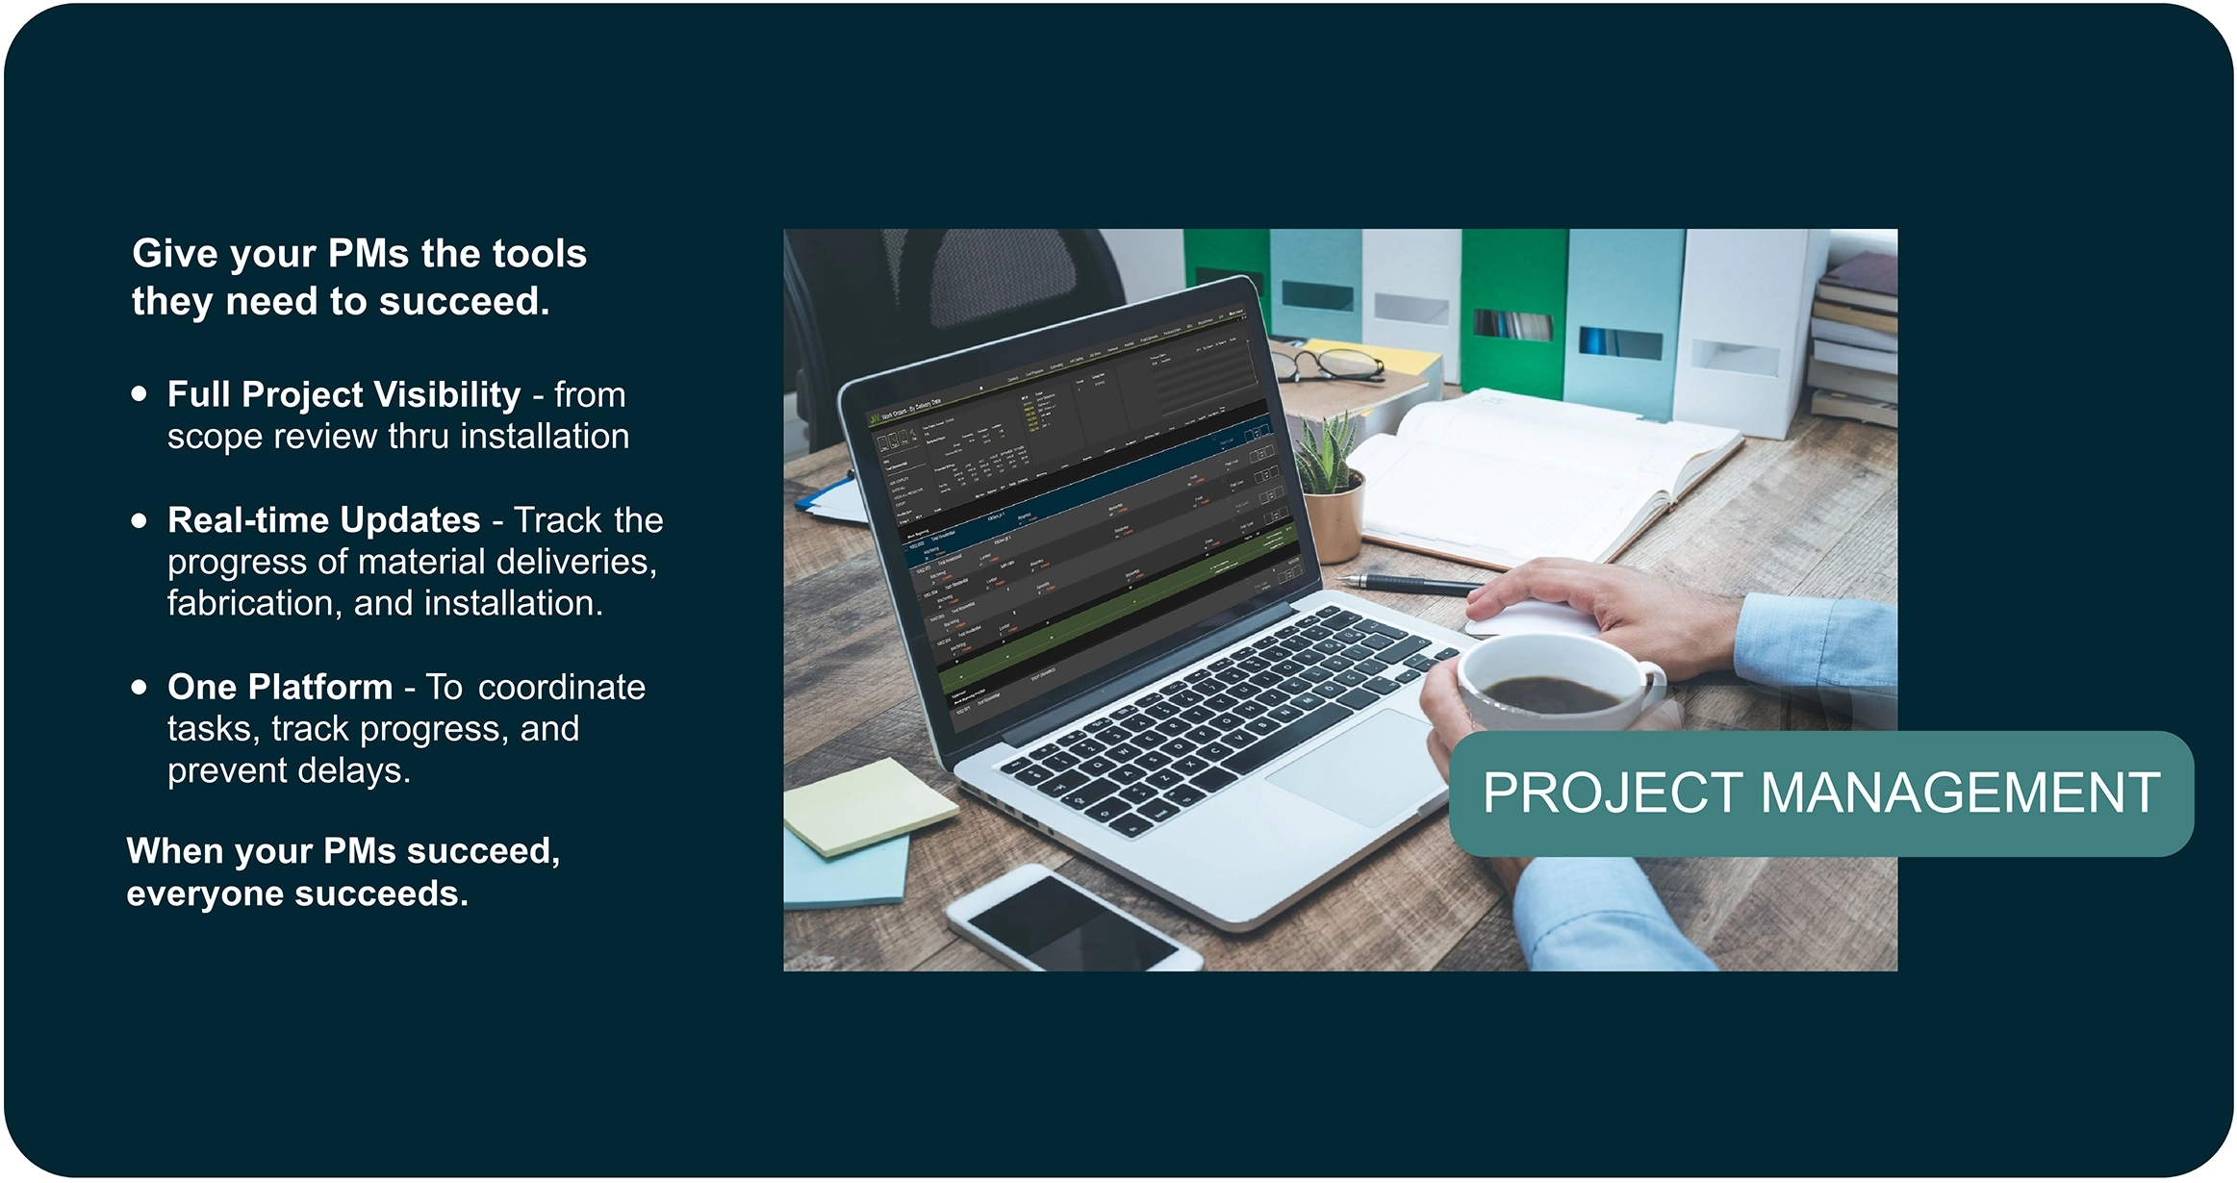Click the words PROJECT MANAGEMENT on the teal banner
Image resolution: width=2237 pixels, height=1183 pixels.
pyautogui.click(x=1820, y=793)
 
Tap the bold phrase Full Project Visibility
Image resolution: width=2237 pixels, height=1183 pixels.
pyautogui.click(x=343, y=394)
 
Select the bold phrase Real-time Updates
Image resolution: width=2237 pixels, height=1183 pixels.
pyautogui.click(x=323, y=520)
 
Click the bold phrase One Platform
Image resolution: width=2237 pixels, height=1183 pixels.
pyautogui.click(x=280, y=688)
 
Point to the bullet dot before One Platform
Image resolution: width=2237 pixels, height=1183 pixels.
pyautogui.click(x=140, y=688)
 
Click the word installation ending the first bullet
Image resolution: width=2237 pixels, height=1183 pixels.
pyautogui.click(x=545, y=438)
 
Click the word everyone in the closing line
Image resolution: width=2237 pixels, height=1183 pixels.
pyautogui.click(x=205, y=894)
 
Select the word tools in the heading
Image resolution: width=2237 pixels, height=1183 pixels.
pyautogui.click(x=539, y=254)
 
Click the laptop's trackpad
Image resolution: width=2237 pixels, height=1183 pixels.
pyautogui.click(x=1357, y=769)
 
